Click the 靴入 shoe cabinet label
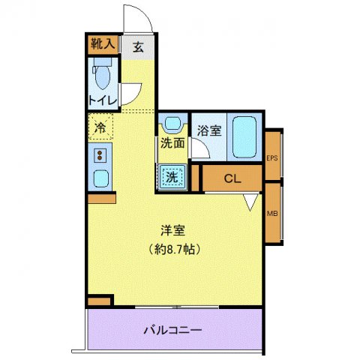[103, 43]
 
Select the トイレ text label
[101, 100]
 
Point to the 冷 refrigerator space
[100, 127]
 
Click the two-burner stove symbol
[99, 156]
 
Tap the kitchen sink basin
[99, 179]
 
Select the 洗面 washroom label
[172, 142]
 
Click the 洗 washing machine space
[172, 177]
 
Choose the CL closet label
[232, 179]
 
